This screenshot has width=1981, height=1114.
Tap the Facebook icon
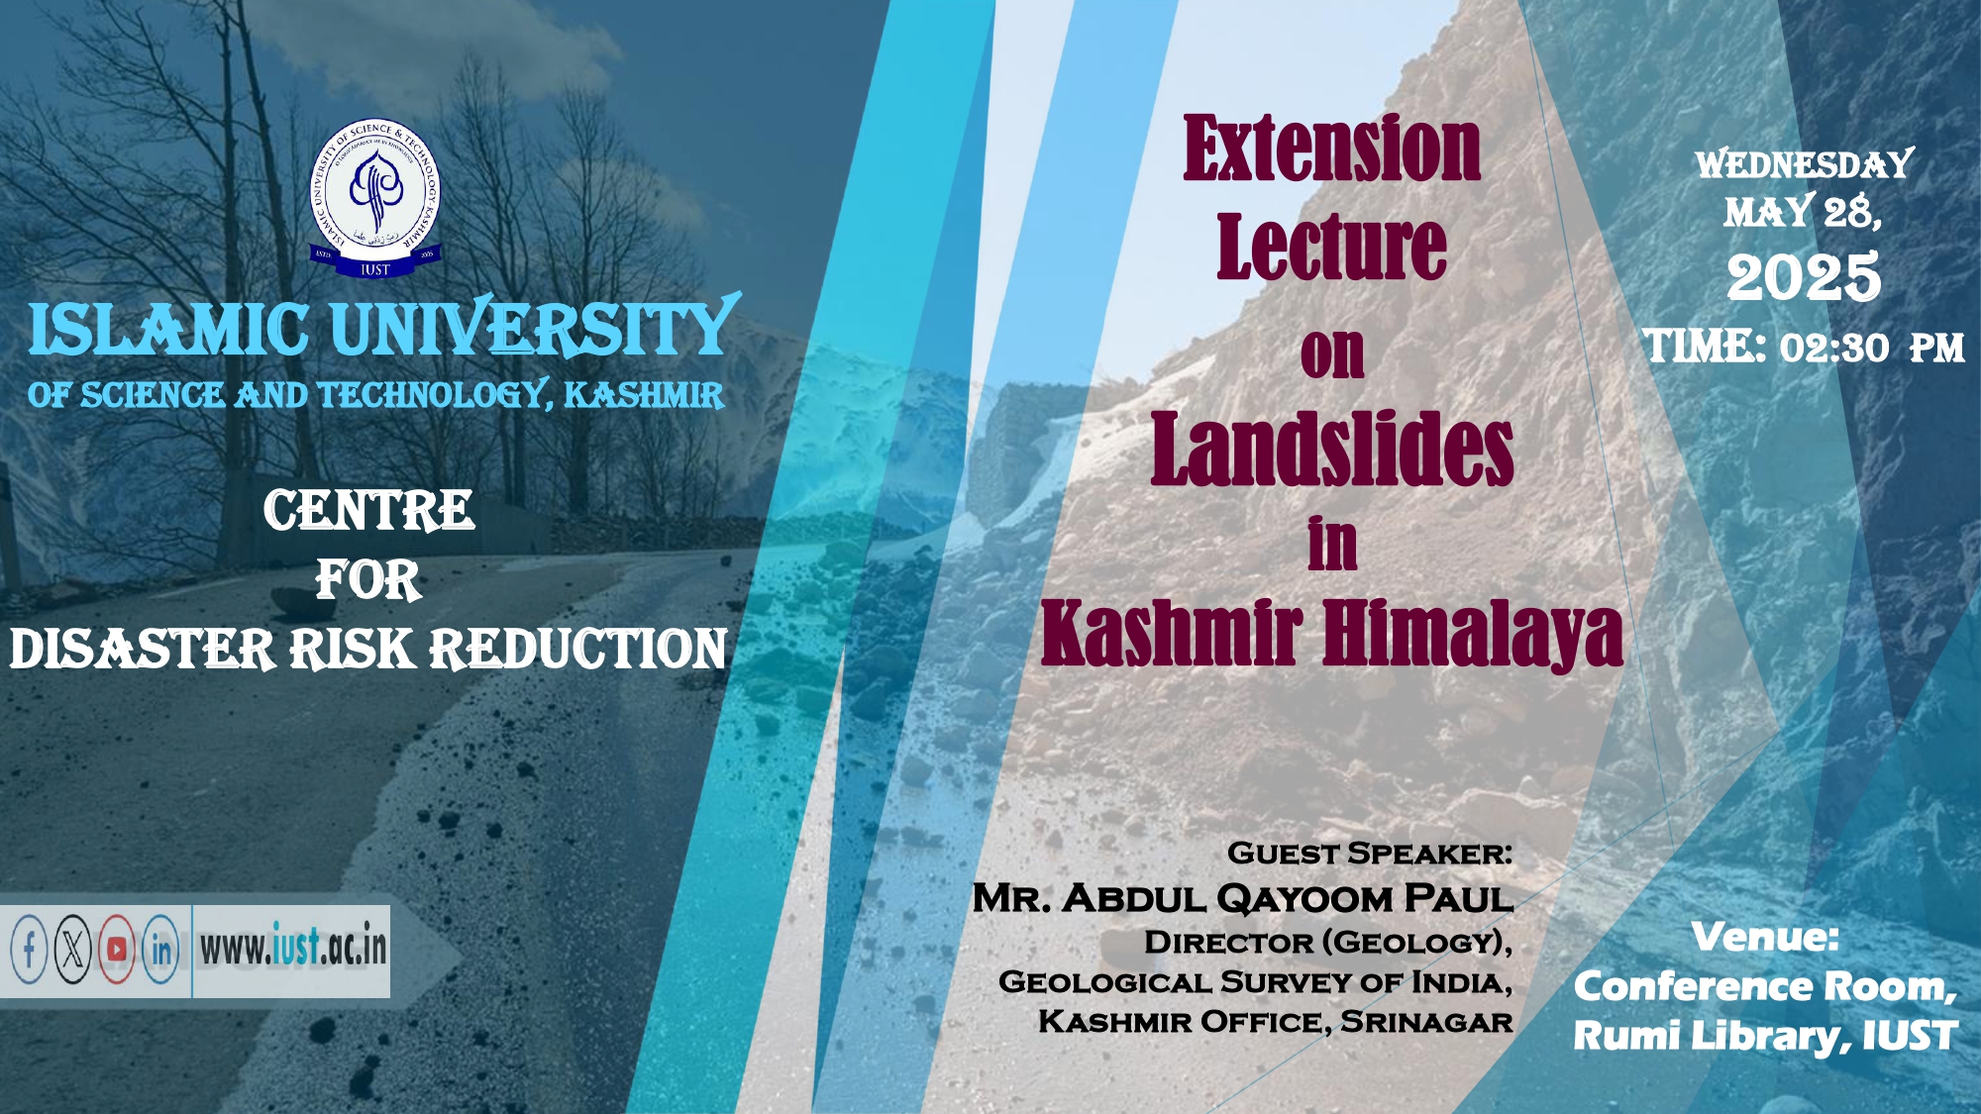[x=29, y=951]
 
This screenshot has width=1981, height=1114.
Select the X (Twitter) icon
[x=72, y=951]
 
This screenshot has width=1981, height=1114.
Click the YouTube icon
[x=117, y=951]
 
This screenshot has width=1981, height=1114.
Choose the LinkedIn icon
[x=160, y=951]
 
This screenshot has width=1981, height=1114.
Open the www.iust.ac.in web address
[x=293, y=948]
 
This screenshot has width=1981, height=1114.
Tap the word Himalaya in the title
[x=1473, y=635]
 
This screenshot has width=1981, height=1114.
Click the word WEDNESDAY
[x=1805, y=164]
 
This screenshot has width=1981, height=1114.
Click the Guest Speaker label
[x=1370, y=853]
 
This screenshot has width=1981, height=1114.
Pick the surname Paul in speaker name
[x=1459, y=898]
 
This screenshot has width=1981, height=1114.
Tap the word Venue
[x=1765, y=937]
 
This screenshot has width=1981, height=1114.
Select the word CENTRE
[x=369, y=511]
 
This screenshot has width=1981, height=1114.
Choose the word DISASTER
[x=143, y=650]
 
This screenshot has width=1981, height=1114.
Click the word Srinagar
[x=1426, y=1021]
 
